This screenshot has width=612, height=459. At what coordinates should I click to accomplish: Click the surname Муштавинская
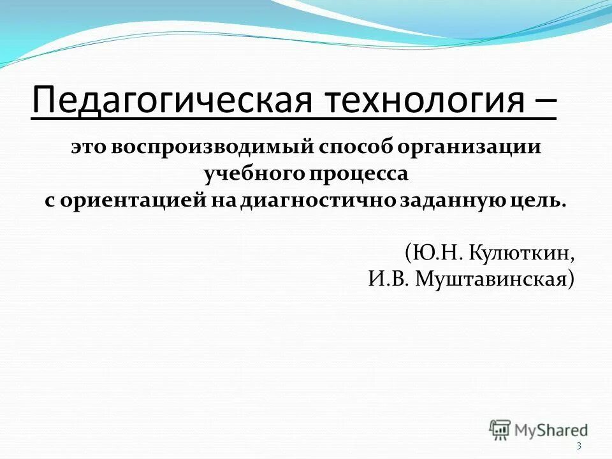coord(495,279)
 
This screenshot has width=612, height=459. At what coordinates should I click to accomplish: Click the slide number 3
coord(578,446)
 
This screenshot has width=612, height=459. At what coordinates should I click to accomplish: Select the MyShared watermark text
coord(551,430)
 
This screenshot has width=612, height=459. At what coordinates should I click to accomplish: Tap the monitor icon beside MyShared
coord(500,429)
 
